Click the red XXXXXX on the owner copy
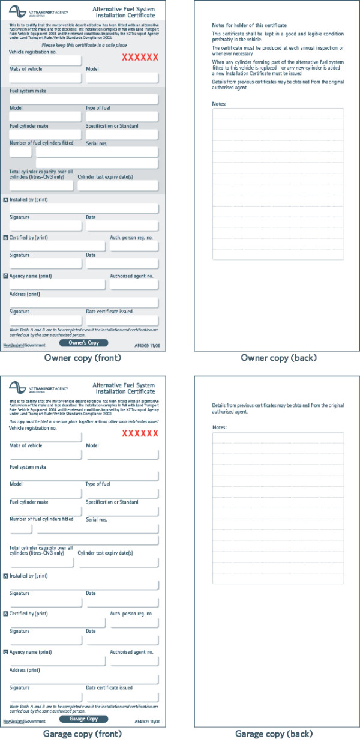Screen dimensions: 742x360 (140, 58)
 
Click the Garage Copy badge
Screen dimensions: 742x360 (84, 719)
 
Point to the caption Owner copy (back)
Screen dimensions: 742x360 (278, 358)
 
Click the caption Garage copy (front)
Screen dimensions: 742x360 (83, 734)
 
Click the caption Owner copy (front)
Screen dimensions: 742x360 (83, 358)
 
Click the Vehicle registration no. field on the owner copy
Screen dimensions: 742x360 (45, 61)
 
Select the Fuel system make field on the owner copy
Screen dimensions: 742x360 (84, 99)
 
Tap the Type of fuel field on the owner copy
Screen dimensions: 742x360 (122, 116)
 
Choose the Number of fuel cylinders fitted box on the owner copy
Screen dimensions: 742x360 (20, 152)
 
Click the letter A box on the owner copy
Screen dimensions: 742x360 (6, 199)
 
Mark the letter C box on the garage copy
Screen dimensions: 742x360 (6, 652)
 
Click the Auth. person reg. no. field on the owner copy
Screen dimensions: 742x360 (134, 246)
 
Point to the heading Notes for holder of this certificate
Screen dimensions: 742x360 (249, 26)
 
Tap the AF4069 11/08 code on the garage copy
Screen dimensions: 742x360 (146, 721)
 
